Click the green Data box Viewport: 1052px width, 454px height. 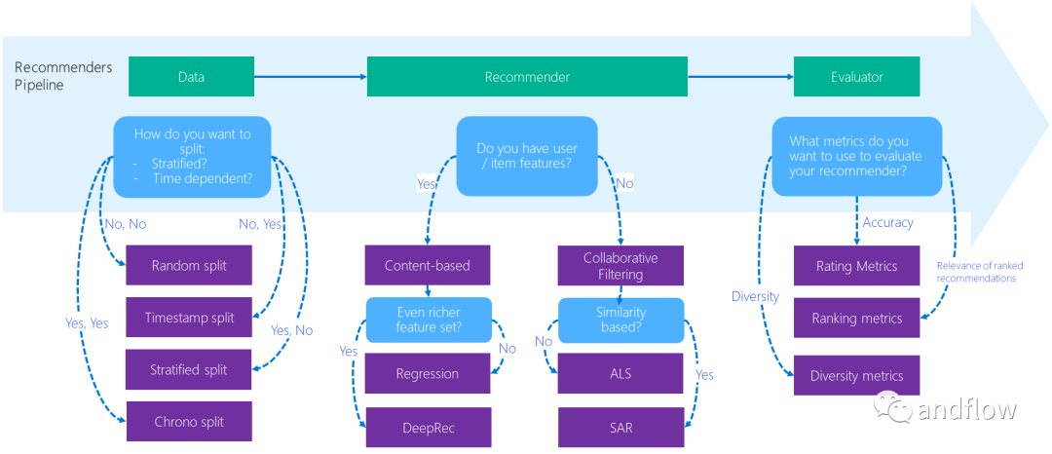(191, 76)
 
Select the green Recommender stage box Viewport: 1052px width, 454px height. (527, 76)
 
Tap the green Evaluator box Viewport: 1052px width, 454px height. (857, 76)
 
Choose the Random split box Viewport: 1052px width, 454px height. (189, 265)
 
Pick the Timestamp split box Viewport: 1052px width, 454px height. (189, 318)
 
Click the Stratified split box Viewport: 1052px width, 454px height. (189, 369)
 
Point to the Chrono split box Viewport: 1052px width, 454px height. (189, 422)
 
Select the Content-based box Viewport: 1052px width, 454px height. (428, 265)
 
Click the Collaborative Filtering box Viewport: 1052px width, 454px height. (620, 266)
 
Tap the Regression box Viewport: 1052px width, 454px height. (428, 373)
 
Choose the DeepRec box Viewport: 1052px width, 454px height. (428, 427)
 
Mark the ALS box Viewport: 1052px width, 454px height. (621, 373)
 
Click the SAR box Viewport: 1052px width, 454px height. (621, 427)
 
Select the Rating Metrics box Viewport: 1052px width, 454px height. (857, 266)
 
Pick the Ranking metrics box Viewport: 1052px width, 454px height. (857, 318)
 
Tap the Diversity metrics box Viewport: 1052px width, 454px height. (857, 375)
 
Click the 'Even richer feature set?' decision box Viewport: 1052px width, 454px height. (429, 320)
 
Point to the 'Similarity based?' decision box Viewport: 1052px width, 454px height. (621, 320)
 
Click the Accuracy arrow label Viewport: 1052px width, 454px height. (887, 223)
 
